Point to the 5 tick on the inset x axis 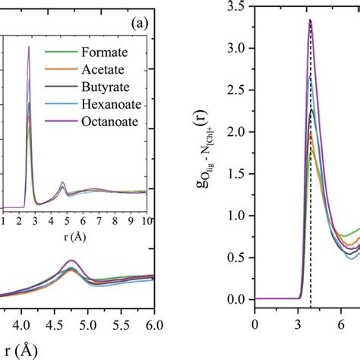tap(66, 221)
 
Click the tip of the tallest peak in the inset tap(29, 46)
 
